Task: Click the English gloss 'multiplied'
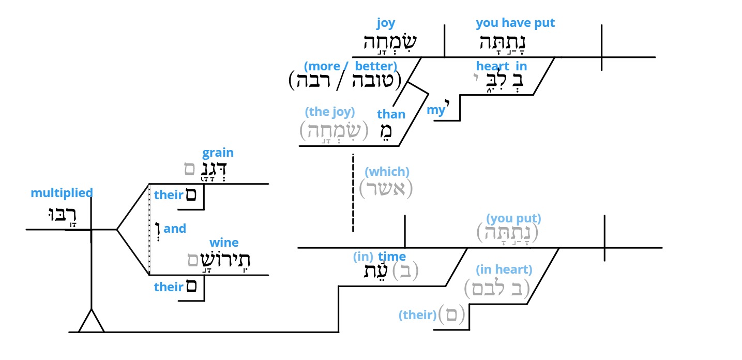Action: point(62,193)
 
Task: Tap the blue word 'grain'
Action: point(218,153)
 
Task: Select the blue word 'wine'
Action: point(224,243)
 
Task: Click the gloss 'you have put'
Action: point(515,23)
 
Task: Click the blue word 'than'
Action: point(391,114)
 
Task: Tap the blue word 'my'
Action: point(435,110)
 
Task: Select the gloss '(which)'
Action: point(387,172)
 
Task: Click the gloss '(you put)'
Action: point(513,218)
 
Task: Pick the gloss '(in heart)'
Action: point(504,269)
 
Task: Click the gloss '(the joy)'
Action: point(329,112)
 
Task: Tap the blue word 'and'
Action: point(175,229)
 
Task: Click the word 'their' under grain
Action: point(169,195)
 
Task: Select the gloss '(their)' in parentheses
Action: point(417,315)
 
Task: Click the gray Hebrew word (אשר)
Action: point(386,189)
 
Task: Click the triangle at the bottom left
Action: point(92,321)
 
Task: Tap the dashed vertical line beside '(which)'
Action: point(353,193)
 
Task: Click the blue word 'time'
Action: point(392,257)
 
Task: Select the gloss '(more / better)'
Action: point(351,66)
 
